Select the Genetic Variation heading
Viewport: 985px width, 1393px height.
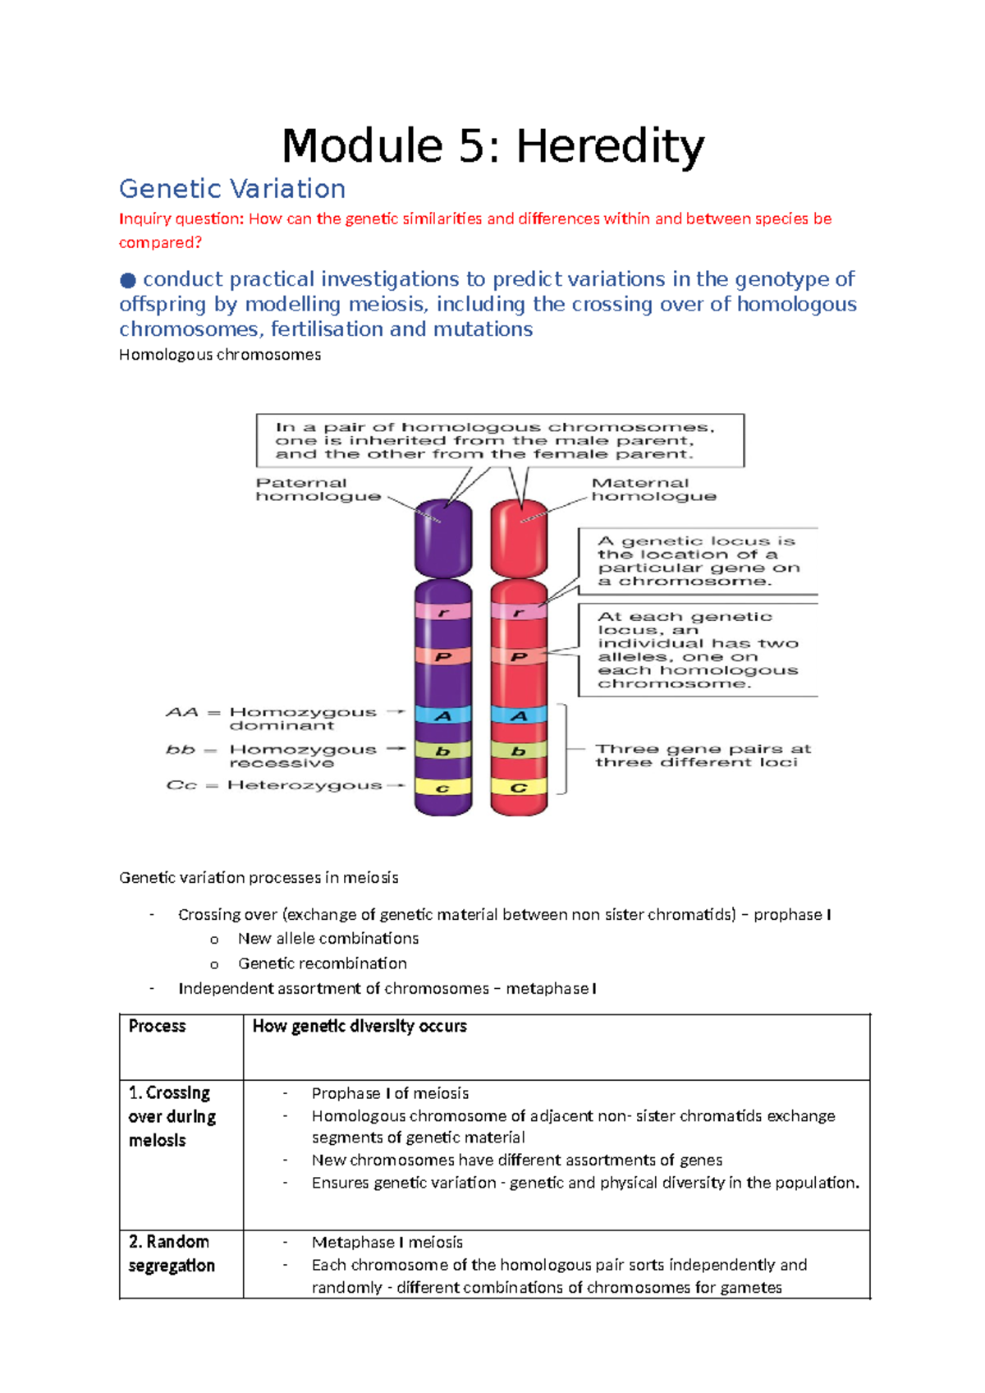[x=232, y=189]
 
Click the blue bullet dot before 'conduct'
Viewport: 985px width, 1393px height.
[x=128, y=281]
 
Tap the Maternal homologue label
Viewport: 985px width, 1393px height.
[x=653, y=490]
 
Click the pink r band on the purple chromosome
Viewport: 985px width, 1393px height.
[x=443, y=613]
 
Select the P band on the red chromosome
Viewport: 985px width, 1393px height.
[x=519, y=657]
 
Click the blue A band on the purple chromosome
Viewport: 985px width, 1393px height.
[x=443, y=715]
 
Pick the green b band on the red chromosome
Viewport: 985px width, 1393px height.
[x=519, y=751]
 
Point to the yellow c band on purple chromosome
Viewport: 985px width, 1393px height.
[x=443, y=788]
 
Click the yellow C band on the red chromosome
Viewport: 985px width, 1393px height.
[x=519, y=788]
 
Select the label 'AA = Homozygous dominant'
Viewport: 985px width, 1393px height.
[x=271, y=719]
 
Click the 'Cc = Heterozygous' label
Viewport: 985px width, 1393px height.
[x=274, y=786]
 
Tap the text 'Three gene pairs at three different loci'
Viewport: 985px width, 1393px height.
[x=702, y=756]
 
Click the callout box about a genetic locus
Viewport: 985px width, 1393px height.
[x=698, y=561]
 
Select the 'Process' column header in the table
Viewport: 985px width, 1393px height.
[x=157, y=1027]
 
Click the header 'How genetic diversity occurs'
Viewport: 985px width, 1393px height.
[x=360, y=1027]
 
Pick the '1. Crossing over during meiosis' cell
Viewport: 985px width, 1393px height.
[x=172, y=1116]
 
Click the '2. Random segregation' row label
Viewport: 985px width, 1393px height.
[x=172, y=1253]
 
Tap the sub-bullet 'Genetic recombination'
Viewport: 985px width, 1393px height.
[x=322, y=963]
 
